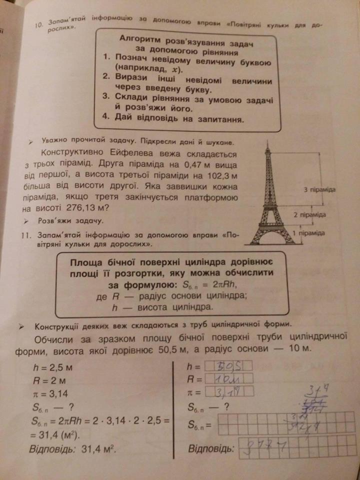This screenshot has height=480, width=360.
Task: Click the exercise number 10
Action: (40, 24)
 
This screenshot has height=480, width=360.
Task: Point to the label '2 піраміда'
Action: (309, 215)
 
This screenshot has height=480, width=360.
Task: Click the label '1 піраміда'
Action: (308, 233)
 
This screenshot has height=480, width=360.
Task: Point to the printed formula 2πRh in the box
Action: (222, 285)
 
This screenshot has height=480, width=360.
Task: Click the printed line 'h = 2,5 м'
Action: (51, 367)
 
